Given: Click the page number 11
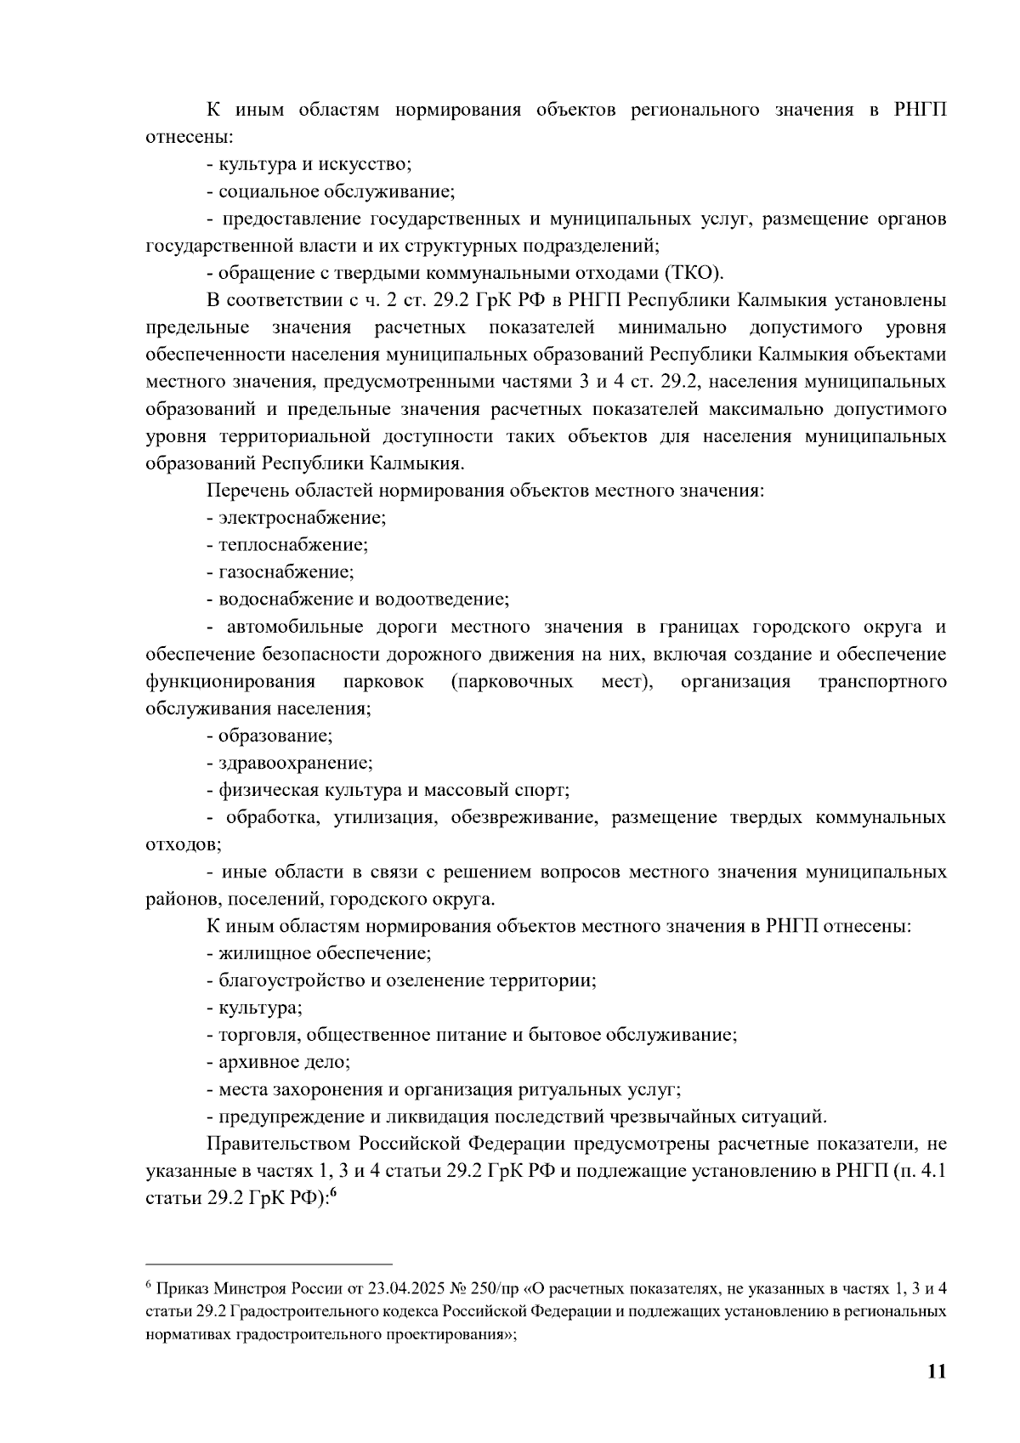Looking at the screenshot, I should (937, 1372).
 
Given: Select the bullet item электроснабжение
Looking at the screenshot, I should (302, 517).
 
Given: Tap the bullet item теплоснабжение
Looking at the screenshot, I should (292, 544).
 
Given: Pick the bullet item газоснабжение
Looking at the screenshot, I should (286, 571).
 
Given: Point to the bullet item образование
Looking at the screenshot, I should (275, 736).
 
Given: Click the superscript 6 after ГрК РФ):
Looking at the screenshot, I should (333, 1193).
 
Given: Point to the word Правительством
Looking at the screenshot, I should (279, 1144).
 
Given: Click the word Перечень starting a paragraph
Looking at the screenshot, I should (247, 491).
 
